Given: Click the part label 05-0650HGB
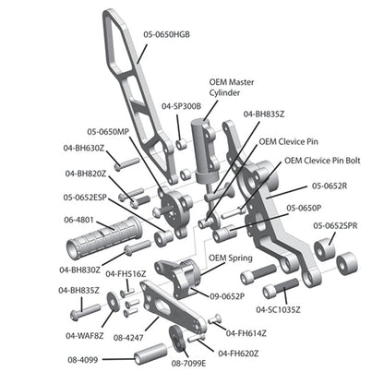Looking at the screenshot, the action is [166, 34].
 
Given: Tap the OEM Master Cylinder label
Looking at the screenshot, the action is [232, 88].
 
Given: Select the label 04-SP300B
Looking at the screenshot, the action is [181, 106].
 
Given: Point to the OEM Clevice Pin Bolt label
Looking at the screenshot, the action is [322, 161].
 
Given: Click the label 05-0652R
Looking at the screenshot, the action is [330, 186].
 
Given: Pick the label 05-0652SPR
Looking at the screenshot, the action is [335, 225].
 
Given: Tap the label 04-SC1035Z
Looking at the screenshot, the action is [278, 309].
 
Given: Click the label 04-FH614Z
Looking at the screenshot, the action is [246, 333].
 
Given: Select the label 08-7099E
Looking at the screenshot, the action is [188, 364].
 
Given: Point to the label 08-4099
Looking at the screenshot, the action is [83, 360].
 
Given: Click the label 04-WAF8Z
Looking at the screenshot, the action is [85, 336].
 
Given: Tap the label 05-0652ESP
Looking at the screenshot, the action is [85, 198].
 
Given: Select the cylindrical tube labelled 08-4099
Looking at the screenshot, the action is [150, 354].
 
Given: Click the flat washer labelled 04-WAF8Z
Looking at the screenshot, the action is [113, 302].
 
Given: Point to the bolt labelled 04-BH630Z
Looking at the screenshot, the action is [126, 163].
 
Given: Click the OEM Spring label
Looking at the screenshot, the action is [231, 258].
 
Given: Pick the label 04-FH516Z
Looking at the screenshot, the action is [126, 273].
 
